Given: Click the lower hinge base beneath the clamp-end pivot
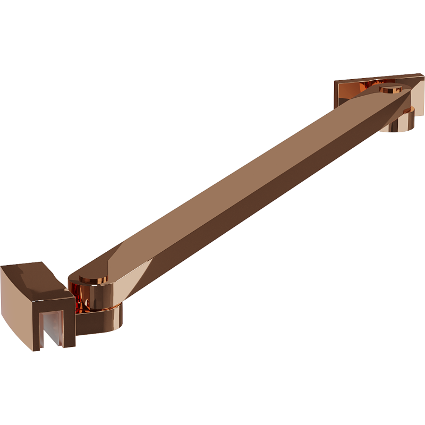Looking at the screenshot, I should [x=101, y=321].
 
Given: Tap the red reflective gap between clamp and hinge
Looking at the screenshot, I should [x=78, y=297].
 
